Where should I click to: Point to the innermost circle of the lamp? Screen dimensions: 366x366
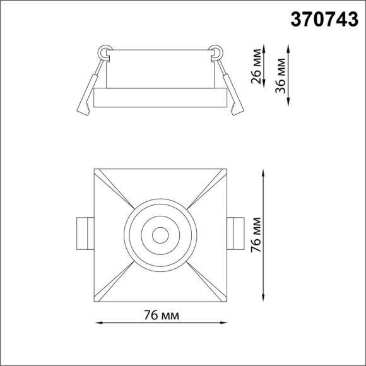point(160,234)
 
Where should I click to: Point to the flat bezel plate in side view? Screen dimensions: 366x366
point(160,98)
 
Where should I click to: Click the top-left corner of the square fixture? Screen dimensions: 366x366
point(95,169)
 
